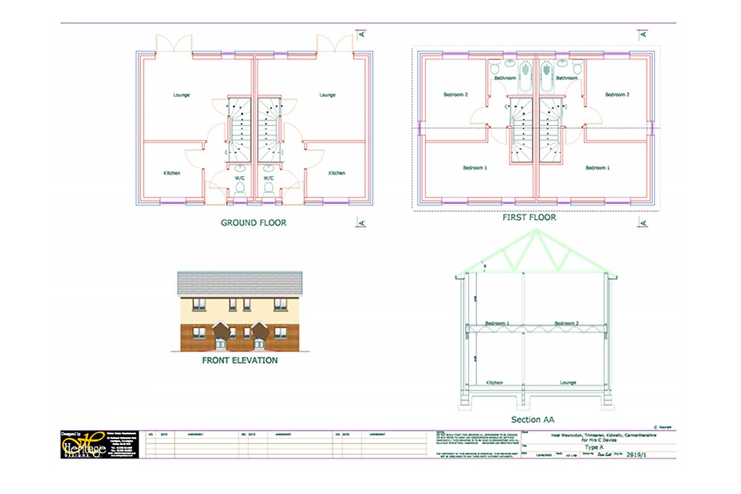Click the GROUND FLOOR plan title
tap(254, 222)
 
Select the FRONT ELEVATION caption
tap(240, 360)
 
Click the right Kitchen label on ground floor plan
tap(337, 173)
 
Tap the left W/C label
tap(240, 178)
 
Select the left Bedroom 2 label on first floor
tap(456, 95)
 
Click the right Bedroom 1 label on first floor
tap(597, 167)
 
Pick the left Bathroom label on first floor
tap(504, 78)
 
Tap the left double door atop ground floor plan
tap(174, 44)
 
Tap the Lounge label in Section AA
tap(568, 383)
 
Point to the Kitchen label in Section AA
tap(494, 383)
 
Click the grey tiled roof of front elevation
tap(240, 283)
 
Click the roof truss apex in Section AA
tap(535, 232)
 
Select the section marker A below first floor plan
tap(643, 223)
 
